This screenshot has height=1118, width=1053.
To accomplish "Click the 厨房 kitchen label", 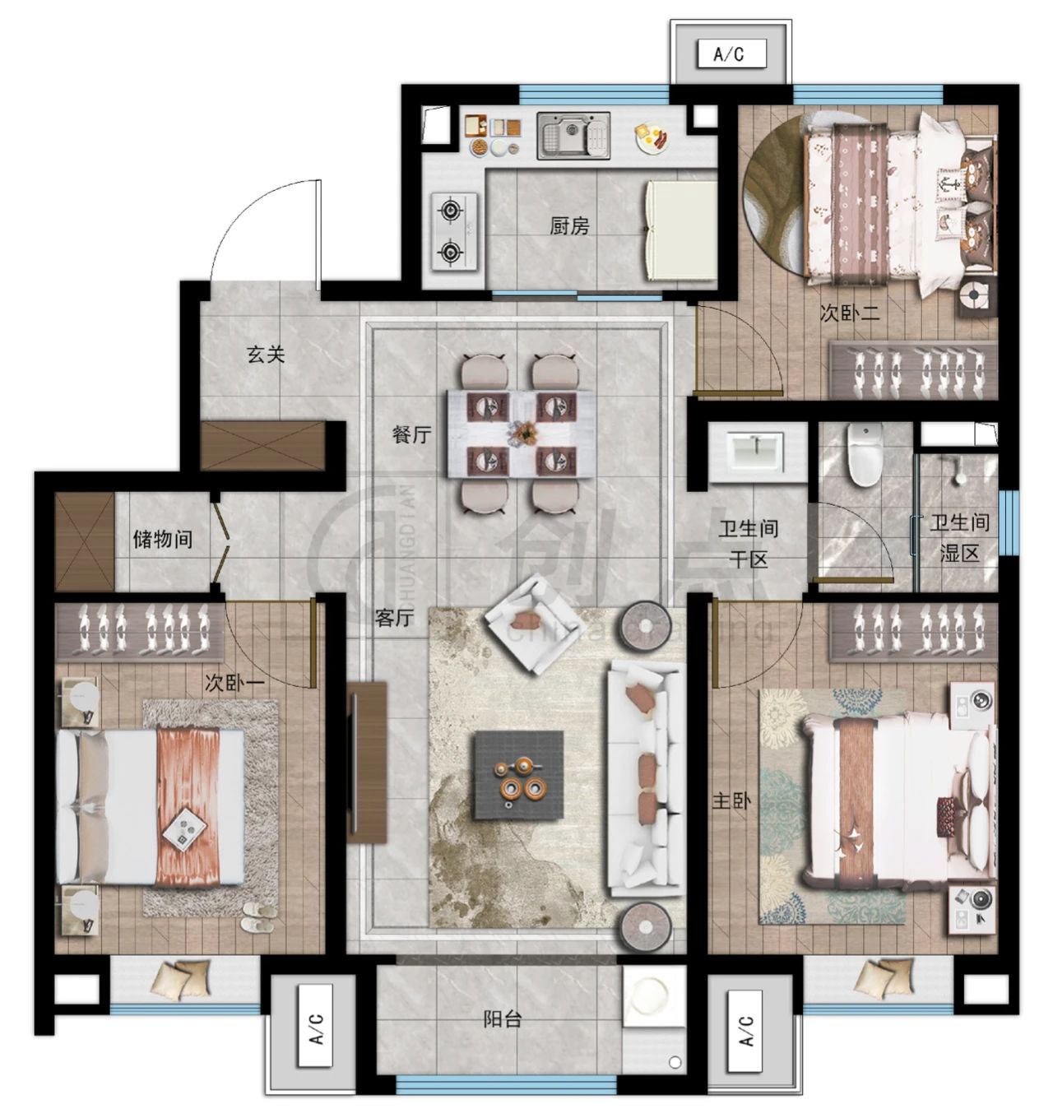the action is pyautogui.click(x=569, y=226).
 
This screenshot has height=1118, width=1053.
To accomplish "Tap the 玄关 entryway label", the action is pyautogui.click(x=265, y=355).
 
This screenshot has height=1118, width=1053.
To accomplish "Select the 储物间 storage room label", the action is pyautogui.click(x=163, y=540).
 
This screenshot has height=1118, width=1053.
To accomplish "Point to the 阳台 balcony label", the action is pyautogui.click(x=503, y=1018).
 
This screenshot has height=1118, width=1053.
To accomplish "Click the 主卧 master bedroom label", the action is pyautogui.click(x=731, y=800).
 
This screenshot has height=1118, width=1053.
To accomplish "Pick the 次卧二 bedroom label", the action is pyautogui.click(x=849, y=313).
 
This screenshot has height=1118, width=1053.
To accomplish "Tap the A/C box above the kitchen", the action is pyautogui.click(x=731, y=54).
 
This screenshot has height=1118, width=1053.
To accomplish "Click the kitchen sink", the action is pyautogui.click(x=573, y=136).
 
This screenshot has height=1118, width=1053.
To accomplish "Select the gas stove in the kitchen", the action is pyautogui.click(x=454, y=232).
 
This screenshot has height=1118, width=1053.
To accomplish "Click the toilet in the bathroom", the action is pyautogui.click(x=865, y=454).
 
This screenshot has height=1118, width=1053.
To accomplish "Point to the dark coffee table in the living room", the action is pyautogui.click(x=519, y=775).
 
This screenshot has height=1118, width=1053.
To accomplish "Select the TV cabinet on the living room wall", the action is pyautogui.click(x=367, y=763).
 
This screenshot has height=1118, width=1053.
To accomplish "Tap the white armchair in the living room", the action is pyautogui.click(x=535, y=624).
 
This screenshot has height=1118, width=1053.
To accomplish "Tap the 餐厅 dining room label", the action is pyautogui.click(x=411, y=434).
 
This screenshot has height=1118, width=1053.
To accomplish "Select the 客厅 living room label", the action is pyautogui.click(x=394, y=618).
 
